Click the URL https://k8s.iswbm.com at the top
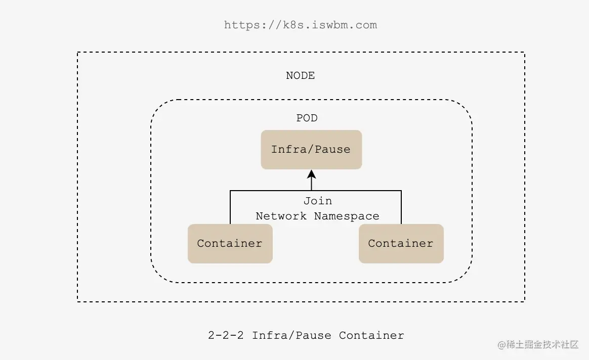(x=301, y=25)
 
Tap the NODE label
(x=301, y=76)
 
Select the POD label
(x=307, y=118)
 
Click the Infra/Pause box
(x=311, y=150)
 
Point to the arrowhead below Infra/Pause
(x=311, y=174)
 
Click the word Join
(x=318, y=201)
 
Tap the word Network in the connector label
(x=281, y=216)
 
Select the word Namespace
(x=347, y=216)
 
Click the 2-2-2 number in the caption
(x=226, y=335)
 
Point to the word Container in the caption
(x=371, y=335)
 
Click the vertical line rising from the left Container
(x=231, y=207)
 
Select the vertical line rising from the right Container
(x=401, y=207)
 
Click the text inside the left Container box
(x=230, y=244)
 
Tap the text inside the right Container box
(x=401, y=244)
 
